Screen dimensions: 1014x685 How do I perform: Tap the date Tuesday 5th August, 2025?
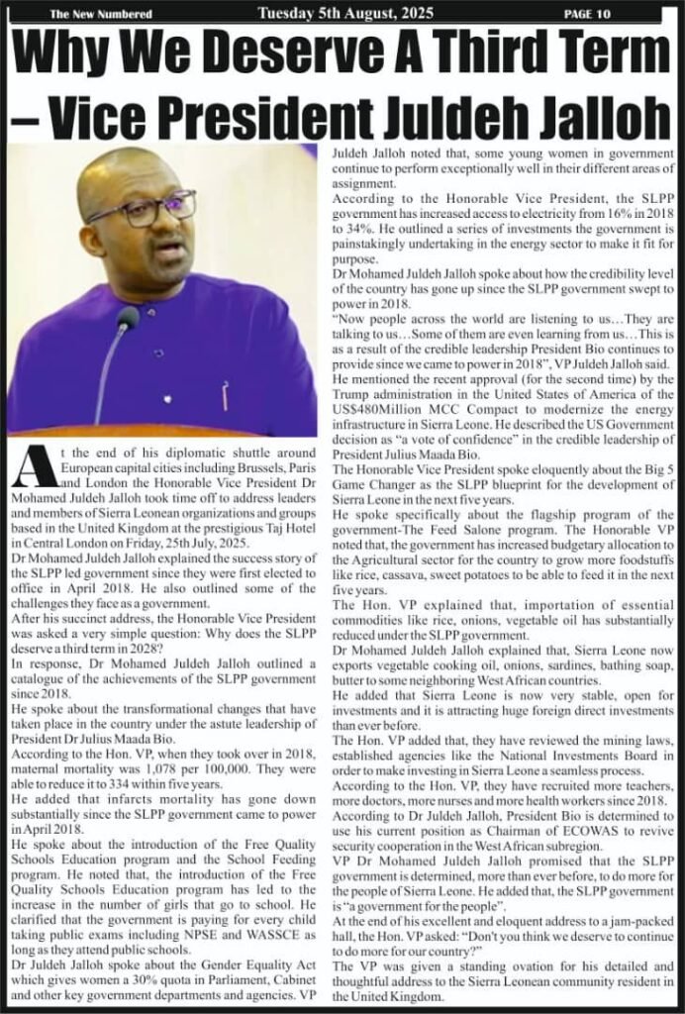pos(342,13)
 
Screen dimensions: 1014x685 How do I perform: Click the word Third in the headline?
pos(465,53)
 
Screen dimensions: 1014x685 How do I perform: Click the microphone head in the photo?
pos(128,319)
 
